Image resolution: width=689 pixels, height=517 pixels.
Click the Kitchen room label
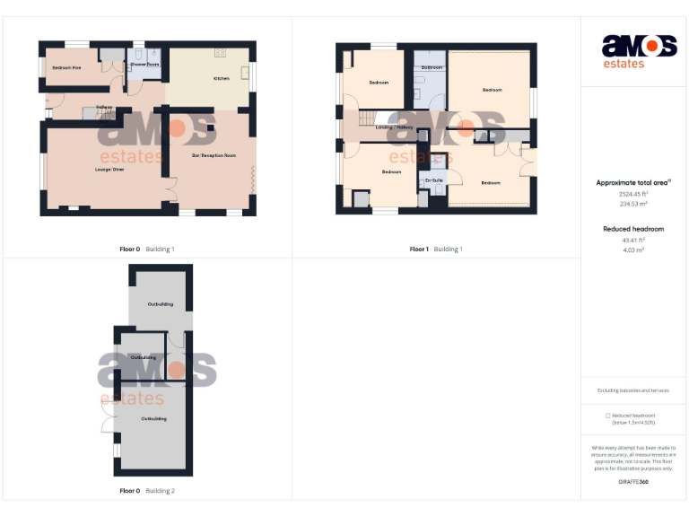click(x=221, y=79)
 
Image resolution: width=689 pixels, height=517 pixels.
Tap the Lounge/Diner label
click(x=109, y=169)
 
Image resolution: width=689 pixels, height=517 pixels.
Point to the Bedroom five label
click(x=66, y=67)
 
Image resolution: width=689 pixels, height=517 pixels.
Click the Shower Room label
click(x=144, y=65)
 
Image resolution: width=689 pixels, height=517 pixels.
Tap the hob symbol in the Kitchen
click(x=220, y=54)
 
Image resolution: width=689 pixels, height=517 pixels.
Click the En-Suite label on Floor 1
click(x=433, y=180)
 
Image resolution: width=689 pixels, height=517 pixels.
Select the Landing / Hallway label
click(x=395, y=127)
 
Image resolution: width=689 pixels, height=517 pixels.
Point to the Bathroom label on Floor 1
click(x=432, y=68)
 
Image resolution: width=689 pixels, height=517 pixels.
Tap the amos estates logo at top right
click(x=639, y=49)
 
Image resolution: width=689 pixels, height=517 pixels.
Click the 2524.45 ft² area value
click(x=633, y=194)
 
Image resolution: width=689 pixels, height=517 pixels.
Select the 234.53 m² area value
click(x=633, y=204)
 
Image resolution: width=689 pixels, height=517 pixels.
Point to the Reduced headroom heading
click(x=633, y=230)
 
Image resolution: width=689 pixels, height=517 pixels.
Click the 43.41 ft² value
click(x=633, y=241)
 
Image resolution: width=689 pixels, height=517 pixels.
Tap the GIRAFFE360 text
click(x=633, y=482)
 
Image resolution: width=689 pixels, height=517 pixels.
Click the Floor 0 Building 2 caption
click(x=147, y=491)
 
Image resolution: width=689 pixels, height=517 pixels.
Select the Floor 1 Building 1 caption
click(x=436, y=249)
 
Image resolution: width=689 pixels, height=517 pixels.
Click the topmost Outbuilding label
click(x=161, y=304)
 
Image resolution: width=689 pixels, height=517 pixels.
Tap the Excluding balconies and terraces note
click(x=633, y=390)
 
